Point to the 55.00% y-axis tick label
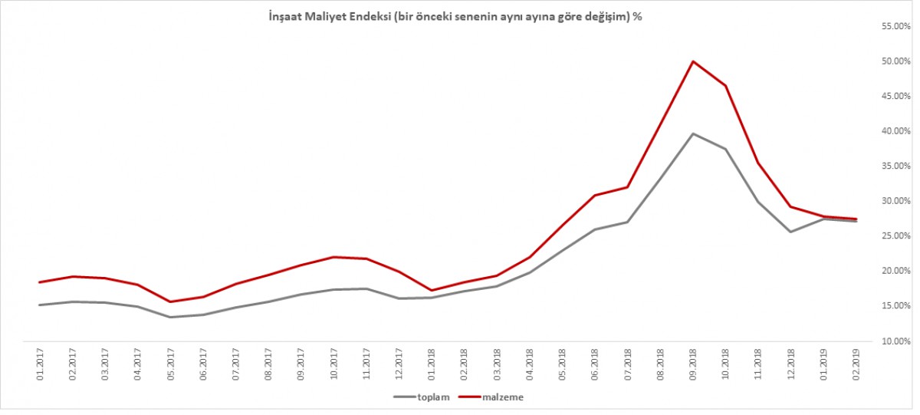pos(894,26)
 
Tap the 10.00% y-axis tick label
pos(894,341)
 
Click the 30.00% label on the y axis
pos(894,201)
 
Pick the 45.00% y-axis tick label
pos(894,96)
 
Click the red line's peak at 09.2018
pos(693,61)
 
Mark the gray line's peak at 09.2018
pos(693,133)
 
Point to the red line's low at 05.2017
pos(170,301)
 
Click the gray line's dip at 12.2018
pos(791,232)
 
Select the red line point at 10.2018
pos(725,85)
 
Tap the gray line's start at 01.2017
pos(39,305)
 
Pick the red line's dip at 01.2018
pos(432,291)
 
